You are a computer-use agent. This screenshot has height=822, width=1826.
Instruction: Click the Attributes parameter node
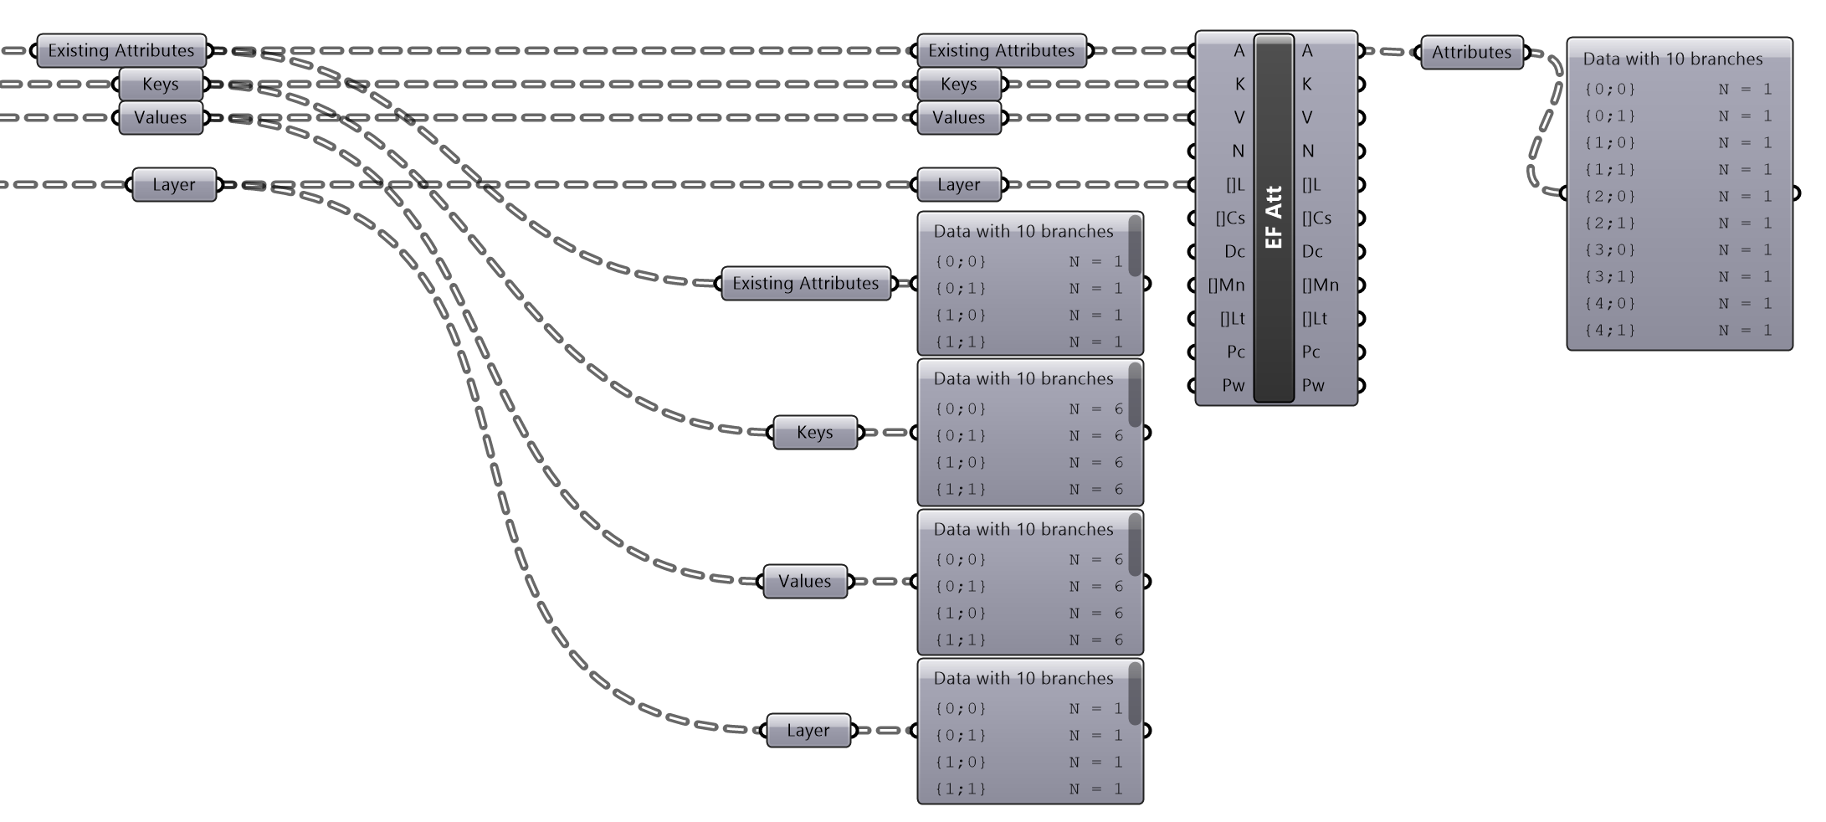(x=1471, y=52)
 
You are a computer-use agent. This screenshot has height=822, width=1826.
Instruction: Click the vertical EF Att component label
(x=1274, y=218)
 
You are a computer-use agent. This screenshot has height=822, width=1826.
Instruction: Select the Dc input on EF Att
(x=1234, y=251)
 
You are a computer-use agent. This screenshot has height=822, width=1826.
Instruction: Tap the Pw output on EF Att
(x=1313, y=385)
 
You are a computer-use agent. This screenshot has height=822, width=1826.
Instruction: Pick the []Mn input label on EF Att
(x=1226, y=285)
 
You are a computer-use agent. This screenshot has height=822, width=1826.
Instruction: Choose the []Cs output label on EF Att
(x=1316, y=218)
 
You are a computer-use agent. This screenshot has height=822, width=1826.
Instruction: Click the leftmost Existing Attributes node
(x=121, y=50)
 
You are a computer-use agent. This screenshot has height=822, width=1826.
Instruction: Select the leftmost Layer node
(x=174, y=184)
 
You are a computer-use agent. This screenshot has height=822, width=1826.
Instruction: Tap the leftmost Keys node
(x=161, y=84)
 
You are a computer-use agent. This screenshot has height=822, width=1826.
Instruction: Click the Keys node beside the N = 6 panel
(x=815, y=432)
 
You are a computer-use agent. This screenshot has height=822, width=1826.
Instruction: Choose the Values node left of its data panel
(x=805, y=581)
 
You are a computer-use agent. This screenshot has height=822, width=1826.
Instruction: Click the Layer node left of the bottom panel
(x=808, y=730)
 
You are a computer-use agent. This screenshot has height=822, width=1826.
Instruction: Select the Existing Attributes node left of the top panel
(x=806, y=283)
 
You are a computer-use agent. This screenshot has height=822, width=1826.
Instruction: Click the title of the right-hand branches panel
(x=1672, y=59)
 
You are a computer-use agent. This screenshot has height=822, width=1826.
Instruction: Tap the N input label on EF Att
(x=1238, y=151)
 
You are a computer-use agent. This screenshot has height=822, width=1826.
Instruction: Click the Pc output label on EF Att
(x=1311, y=352)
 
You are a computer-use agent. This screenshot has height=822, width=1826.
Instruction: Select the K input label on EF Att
(x=1239, y=84)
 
